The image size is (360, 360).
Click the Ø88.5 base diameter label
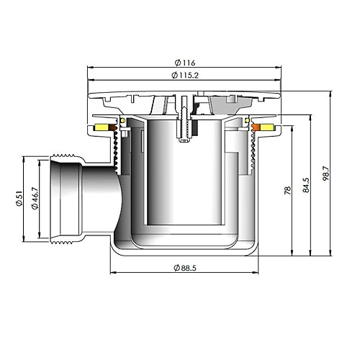(186, 268)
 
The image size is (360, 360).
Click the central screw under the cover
(184, 121)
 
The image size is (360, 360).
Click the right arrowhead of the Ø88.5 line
(257, 273)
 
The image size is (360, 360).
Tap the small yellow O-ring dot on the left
(123, 119)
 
